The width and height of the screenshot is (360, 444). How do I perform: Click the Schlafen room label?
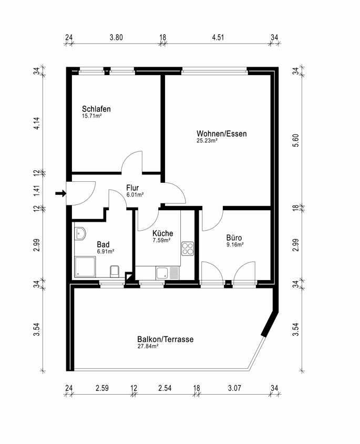pos(96,109)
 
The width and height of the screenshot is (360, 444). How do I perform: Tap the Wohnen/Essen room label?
pos(221,133)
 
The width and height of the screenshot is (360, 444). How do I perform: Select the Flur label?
pos(132,187)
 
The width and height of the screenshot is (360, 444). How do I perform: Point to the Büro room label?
pos(234,238)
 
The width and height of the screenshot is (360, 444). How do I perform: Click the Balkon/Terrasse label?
pos(165,339)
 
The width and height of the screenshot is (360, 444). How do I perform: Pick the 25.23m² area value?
pos(207,141)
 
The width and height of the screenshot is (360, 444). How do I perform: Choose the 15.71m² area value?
pos(91,116)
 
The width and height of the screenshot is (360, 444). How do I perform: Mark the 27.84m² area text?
pos(148,347)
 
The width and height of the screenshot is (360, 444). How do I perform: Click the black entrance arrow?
pos(60,194)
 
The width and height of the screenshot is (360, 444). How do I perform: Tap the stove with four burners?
pos(188,249)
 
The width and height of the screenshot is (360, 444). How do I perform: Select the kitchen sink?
pos(163,273)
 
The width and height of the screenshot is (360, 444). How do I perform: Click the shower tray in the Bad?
pos(85,267)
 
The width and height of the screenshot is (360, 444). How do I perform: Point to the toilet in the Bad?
pos(115,271)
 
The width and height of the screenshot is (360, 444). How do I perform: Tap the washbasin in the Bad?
pos(80,233)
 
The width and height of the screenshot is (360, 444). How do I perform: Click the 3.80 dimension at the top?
pos(116,37)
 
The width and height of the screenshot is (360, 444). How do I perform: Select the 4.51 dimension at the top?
pos(218,37)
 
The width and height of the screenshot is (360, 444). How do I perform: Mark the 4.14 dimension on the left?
pos(37,124)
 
